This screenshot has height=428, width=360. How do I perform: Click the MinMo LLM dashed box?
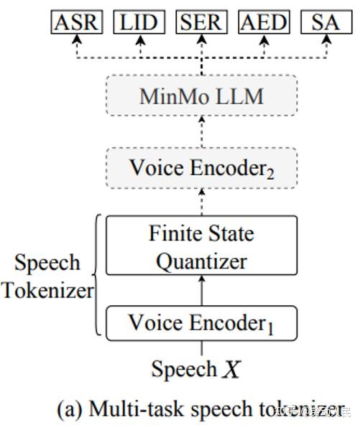(x=201, y=96)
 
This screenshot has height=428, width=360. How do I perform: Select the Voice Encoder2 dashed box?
(x=201, y=168)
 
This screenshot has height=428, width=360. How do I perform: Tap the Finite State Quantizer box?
(x=201, y=247)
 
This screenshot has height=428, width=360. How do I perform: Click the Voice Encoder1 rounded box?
(x=201, y=323)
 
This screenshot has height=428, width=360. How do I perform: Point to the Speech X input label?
(x=195, y=369)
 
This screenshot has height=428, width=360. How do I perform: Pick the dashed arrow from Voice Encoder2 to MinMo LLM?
(x=201, y=132)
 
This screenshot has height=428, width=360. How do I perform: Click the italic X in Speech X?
(x=231, y=369)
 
